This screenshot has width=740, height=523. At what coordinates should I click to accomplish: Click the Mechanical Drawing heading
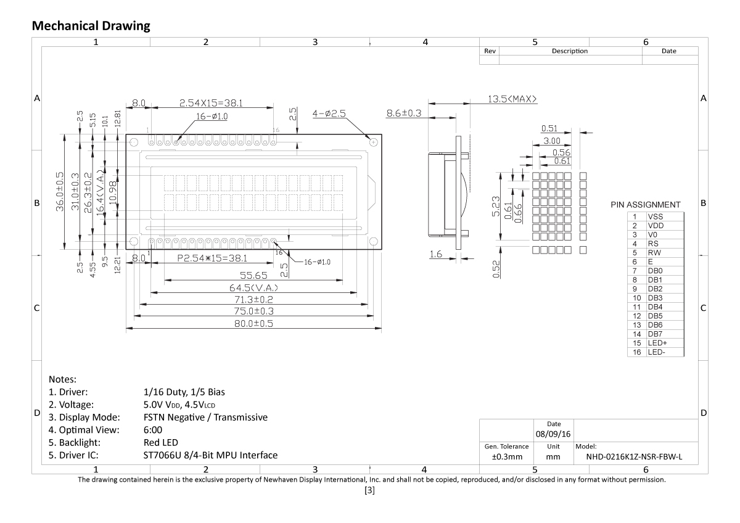91,25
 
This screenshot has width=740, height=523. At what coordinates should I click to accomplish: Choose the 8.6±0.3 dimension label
403,113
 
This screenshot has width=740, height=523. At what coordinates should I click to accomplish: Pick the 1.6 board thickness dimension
437,254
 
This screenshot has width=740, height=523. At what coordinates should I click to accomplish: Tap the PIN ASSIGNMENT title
645,205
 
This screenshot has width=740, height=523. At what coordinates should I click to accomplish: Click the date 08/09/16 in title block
553,435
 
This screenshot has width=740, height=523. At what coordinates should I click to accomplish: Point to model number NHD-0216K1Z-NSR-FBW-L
637,457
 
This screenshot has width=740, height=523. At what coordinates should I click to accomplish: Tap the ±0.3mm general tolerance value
506,457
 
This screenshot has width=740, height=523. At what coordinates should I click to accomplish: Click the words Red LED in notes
160,442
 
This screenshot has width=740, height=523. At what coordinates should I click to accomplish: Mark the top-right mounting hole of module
373,142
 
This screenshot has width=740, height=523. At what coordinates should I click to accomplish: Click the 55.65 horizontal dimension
253,275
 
